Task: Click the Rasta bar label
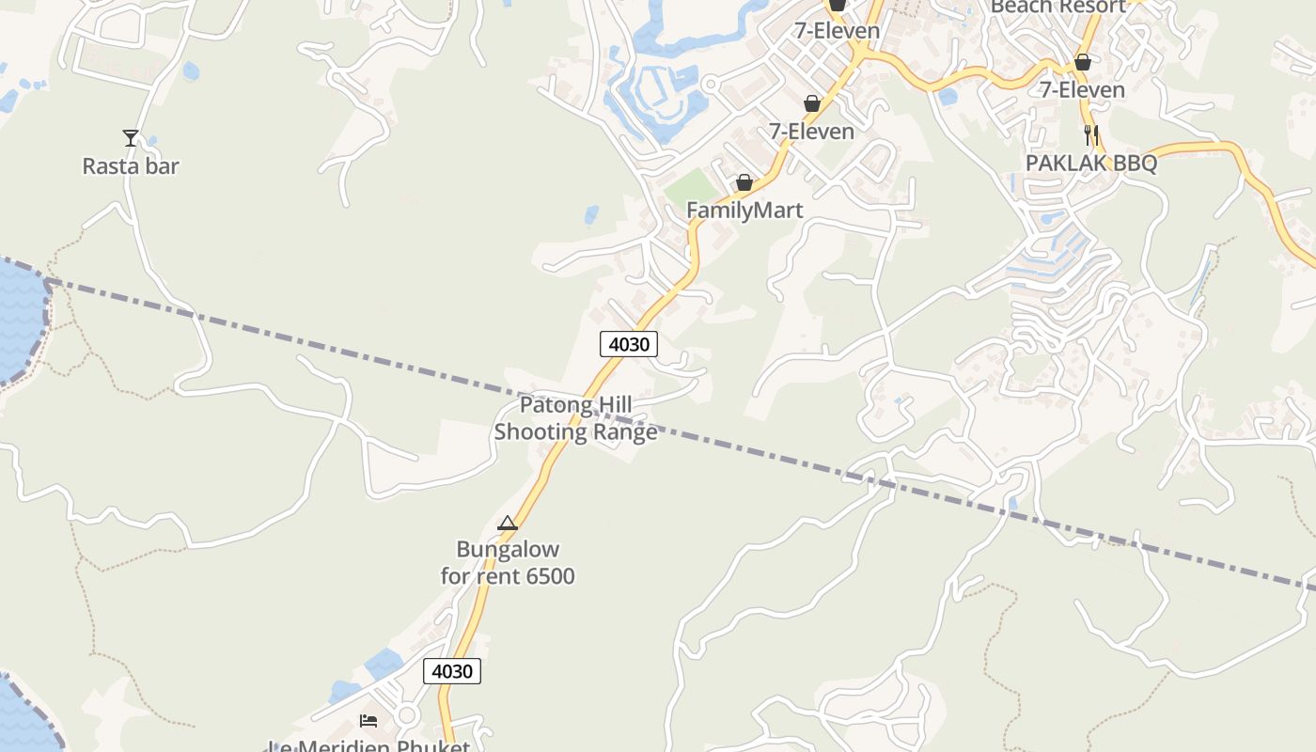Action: click(x=130, y=166)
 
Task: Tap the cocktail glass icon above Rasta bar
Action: click(x=131, y=138)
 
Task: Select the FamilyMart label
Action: click(x=744, y=210)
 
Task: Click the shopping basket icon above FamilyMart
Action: click(x=744, y=181)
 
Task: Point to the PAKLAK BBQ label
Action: click(x=1090, y=163)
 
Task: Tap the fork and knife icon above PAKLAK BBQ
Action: click(x=1090, y=134)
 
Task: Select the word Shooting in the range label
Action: click(x=540, y=432)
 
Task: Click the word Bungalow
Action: click(x=508, y=549)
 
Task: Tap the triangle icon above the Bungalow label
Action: click(x=508, y=523)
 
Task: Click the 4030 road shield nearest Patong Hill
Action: click(x=629, y=344)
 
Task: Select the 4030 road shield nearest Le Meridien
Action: click(x=452, y=671)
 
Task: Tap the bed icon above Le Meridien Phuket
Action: click(x=368, y=721)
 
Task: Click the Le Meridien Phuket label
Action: click(x=368, y=746)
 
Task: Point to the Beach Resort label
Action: click(x=1057, y=8)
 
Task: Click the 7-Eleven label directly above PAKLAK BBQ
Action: click(x=1082, y=90)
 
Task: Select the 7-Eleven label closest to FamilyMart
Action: click(x=812, y=132)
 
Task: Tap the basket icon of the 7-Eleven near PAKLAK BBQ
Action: click(x=1083, y=62)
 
